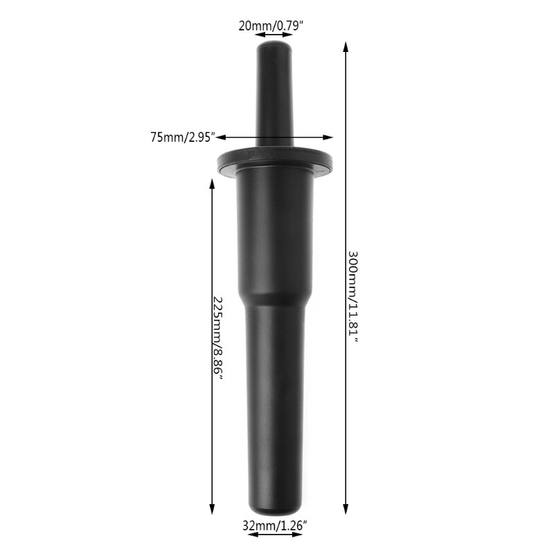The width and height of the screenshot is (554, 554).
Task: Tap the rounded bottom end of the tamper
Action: tap(276, 504)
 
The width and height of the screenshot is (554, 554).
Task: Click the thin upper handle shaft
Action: tap(276, 97)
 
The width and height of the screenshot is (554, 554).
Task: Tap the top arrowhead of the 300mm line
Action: tap(346, 46)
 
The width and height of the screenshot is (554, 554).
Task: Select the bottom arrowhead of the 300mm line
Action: tap(346, 510)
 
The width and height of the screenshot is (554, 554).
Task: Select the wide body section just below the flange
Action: tap(276, 229)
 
